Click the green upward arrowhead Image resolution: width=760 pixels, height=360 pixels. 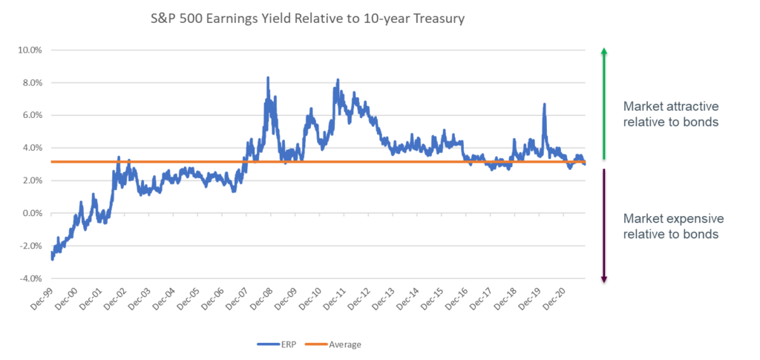[x=604, y=51]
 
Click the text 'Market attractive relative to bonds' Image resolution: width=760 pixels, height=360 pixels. [x=671, y=114]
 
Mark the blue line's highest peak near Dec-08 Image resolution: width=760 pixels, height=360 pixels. [x=268, y=77]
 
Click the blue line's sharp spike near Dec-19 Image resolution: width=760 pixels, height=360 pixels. [x=545, y=104]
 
